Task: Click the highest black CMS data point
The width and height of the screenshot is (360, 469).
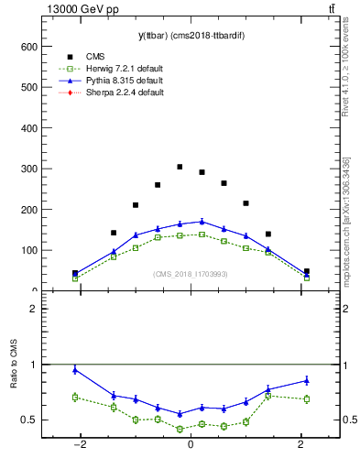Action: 180,168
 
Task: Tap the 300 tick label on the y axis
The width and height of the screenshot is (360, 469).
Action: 28,169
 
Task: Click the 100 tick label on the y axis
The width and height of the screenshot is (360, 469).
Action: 28,250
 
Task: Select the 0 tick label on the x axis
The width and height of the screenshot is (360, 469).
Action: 191,445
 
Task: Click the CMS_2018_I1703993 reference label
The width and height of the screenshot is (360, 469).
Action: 191,274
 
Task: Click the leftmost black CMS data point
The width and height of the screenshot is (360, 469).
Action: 75,273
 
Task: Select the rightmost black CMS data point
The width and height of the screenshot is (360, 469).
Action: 306,271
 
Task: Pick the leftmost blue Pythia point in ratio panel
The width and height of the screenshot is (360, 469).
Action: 75,370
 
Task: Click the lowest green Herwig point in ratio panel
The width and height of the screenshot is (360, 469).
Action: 180,429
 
